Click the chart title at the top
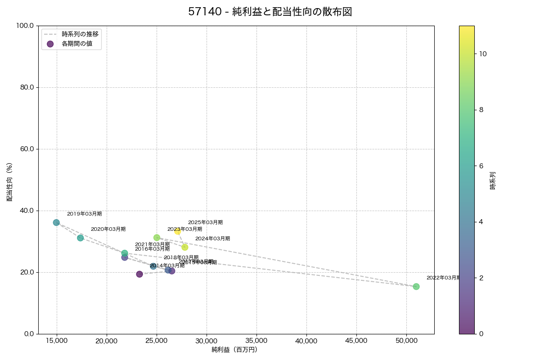click(270, 12)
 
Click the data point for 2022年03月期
click(416, 287)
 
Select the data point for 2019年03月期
click(56, 222)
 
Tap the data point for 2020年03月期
click(80, 238)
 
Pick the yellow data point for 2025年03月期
click(178, 231)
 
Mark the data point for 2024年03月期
click(184, 247)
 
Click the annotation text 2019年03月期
click(84, 214)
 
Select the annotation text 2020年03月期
click(108, 229)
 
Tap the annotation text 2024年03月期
click(212, 238)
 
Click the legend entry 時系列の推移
click(80, 34)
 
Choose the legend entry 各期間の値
click(77, 44)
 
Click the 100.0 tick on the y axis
click(25, 26)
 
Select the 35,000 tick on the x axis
click(256, 341)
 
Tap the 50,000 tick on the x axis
click(406, 341)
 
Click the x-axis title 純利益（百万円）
click(234, 350)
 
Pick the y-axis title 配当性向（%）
click(9, 182)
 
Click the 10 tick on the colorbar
click(483, 54)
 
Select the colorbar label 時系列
click(492, 180)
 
